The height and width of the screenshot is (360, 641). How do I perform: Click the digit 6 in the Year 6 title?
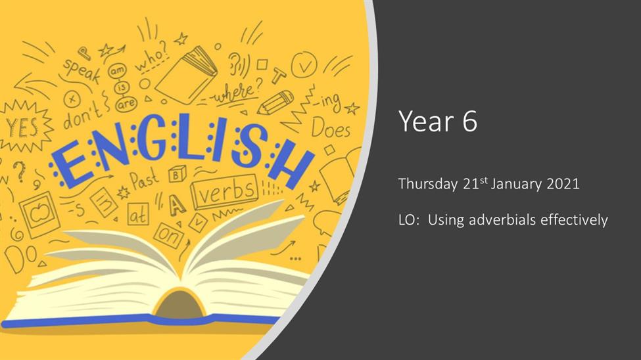pos(469,121)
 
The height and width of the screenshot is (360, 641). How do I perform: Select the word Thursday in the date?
pos(428,185)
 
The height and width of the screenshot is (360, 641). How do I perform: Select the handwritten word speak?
pos(82,70)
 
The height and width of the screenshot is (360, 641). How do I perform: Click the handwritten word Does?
pos(331,128)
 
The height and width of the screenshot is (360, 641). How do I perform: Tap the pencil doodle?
pos(275,102)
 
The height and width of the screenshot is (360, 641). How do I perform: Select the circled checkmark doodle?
pos(304,65)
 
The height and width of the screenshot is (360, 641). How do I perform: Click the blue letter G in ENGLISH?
pos(151,141)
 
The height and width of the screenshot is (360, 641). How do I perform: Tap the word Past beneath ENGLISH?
pos(144,179)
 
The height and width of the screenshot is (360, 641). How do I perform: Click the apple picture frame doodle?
pos(39,214)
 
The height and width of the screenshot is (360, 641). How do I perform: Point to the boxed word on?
pos(169,235)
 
